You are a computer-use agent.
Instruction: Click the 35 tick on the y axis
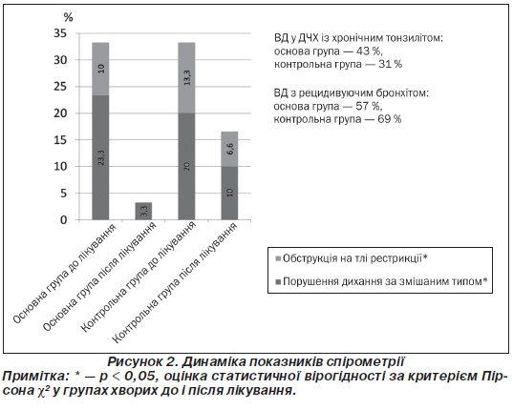point(60,33)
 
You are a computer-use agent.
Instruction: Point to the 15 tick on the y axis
point(60,140)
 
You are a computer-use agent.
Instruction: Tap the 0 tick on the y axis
point(63,219)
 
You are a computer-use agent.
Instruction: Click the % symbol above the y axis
point(68,17)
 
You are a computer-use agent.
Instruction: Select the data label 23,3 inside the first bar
point(100,157)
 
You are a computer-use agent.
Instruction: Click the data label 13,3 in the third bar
point(187,77)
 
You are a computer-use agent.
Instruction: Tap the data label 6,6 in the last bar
point(230,149)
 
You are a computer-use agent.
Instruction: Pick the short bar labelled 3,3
point(143,211)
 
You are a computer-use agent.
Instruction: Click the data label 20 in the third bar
point(187,167)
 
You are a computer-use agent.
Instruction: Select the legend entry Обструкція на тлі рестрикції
point(353,258)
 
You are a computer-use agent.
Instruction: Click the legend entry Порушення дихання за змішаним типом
point(382,281)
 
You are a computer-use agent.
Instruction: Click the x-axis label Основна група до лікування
point(65,274)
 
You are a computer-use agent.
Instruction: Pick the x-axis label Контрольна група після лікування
point(175,283)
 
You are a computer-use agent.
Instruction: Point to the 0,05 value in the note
point(141,376)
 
